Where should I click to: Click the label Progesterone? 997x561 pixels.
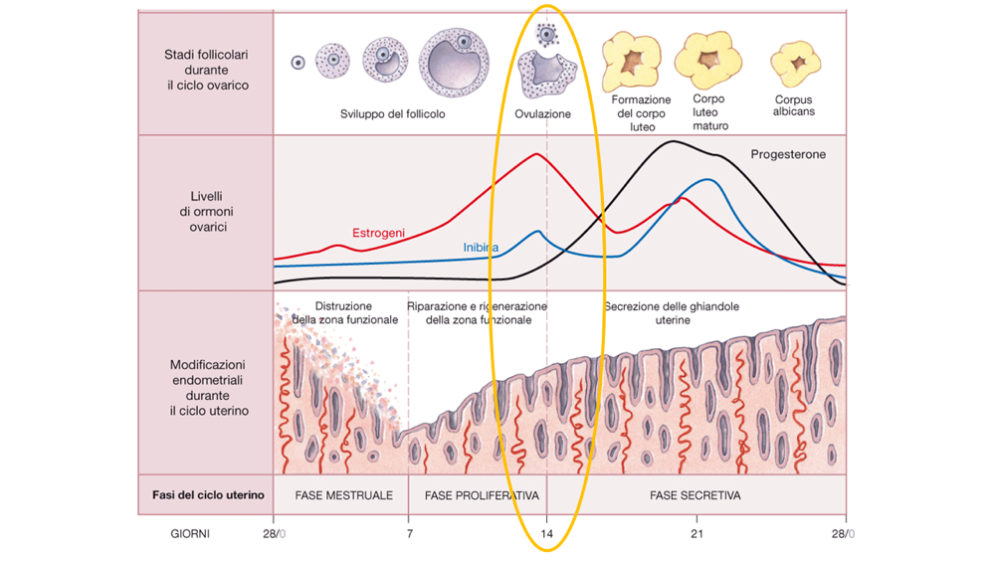pyautogui.click(x=788, y=155)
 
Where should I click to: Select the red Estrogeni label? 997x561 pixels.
pyautogui.click(x=378, y=233)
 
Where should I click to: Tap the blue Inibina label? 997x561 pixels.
pyautogui.click(x=481, y=247)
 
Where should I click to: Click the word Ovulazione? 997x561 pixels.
pyautogui.click(x=542, y=114)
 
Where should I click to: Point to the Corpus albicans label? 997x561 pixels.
pyautogui.click(x=793, y=105)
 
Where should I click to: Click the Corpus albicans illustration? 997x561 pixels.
pyautogui.click(x=795, y=63)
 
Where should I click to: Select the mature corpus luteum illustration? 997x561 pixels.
pyautogui.click(x=709, y=59)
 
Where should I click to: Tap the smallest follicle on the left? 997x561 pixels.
pyautogui.click(x=298, y=63)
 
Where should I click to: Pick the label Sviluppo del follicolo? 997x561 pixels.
pyautogui.click(x=392, y=114)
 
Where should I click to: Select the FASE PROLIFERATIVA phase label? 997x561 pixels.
pyautogui.click(x=482, y=495)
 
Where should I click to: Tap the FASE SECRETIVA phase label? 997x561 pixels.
pyautogui.click(x=696, y=495)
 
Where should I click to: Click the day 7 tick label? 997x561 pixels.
pyautogui.click(x=409, y=534)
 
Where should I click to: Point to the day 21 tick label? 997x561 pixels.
pyautogui.click(x=697, y=534)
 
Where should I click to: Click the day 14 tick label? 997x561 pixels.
pyautogui.click(x=547, y=534)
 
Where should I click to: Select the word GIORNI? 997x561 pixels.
pyautogui.click(x=189, y=534)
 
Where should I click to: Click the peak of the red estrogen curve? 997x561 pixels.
pyautogui.click(x=537, y=154)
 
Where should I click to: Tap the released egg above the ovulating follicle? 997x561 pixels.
pyautogui.click(x=545, y=35)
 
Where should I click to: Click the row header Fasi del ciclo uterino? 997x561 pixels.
pyautogui.click(x=208, y=495)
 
